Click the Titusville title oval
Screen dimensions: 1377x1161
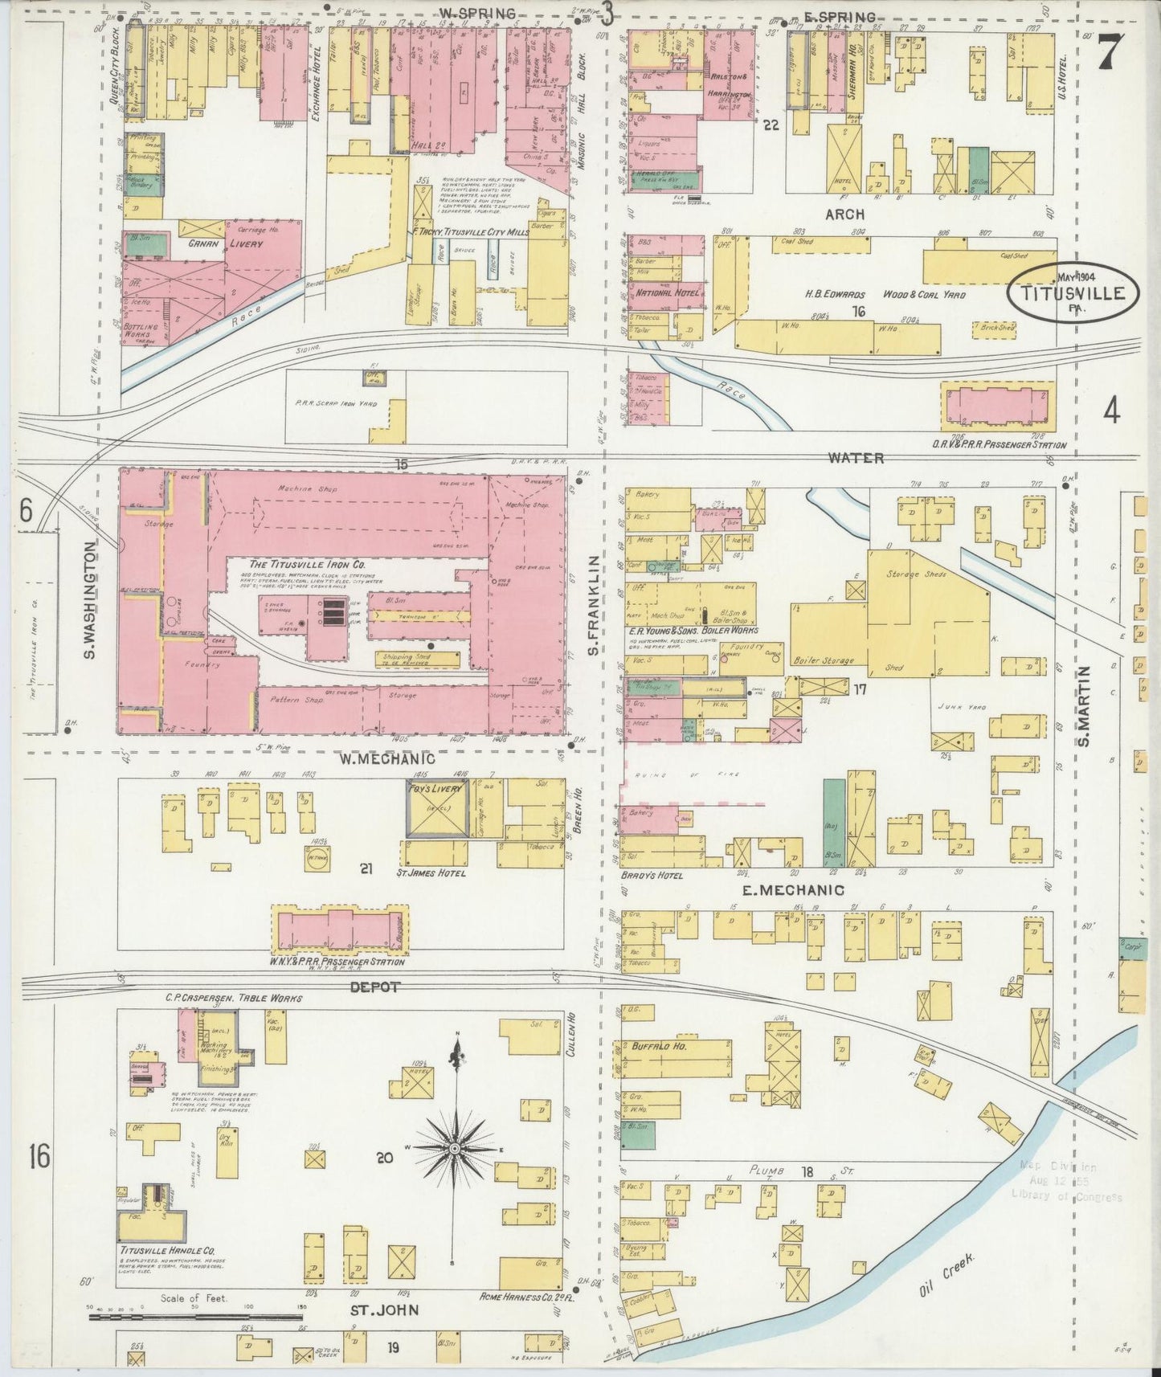1072,292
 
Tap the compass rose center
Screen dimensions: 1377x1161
455,1150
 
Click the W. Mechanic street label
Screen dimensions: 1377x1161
386,758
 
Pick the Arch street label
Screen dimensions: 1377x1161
844,215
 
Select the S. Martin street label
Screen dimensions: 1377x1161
1085,707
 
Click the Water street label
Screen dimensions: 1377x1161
856,458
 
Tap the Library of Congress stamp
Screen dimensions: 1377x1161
1066,1181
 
